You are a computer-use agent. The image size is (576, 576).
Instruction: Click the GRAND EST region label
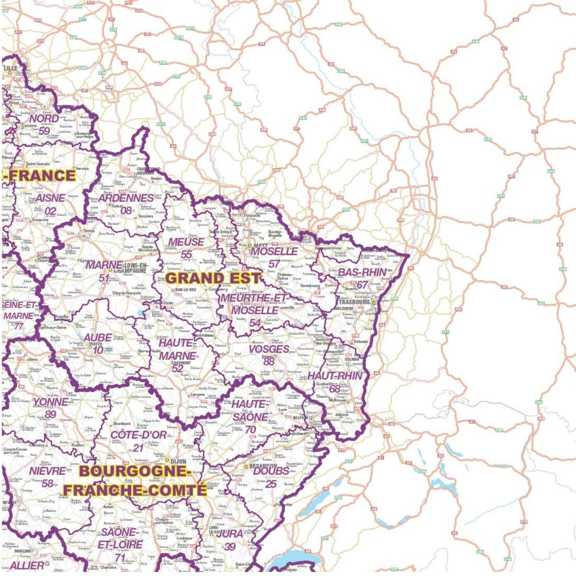(x=213, y=278)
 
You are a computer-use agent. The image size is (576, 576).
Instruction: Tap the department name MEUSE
(x=186, y=242)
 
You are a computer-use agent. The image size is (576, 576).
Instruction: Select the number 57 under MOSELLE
(x=274, y=264)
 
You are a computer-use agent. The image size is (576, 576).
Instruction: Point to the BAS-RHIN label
(x=362, y=272)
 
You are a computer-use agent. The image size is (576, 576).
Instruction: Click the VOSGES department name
(x=269, y=349)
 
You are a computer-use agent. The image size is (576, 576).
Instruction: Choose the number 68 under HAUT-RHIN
(x=335, y=388)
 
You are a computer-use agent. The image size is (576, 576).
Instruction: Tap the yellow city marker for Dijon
(x=167, y=460)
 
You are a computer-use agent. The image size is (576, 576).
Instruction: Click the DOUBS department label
(x=271, y=471)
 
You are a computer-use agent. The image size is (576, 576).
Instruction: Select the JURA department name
(x=230, y=534)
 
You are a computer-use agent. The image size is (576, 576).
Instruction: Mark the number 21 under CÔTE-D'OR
(x=138, y=448)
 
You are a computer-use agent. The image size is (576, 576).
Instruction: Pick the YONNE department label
(x=50, y=402)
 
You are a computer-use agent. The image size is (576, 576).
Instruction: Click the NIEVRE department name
(x=48, y=471)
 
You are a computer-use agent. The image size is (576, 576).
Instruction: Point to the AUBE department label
(x=98, y=338)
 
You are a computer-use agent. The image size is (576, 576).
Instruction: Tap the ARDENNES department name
(x=126, y=198)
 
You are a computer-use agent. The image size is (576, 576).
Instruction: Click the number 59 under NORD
(x=44, y=131)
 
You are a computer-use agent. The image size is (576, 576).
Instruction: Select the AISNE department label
(x=50, y=198)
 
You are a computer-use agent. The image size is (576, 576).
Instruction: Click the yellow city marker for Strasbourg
(x=374, y=303)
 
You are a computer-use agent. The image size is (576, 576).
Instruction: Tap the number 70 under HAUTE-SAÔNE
(x=251, y=429)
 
